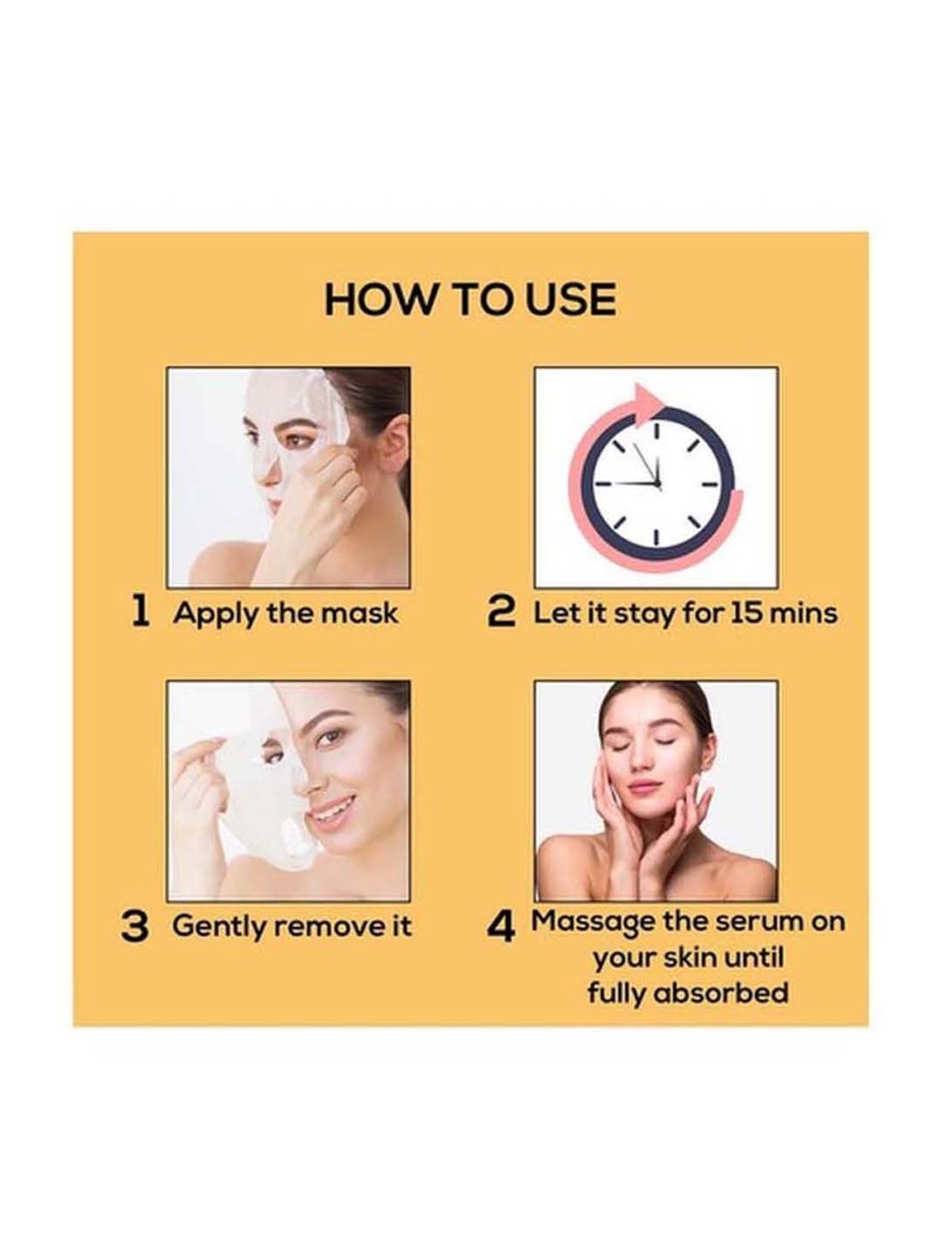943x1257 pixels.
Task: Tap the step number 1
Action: pyautogui.click(x=141, y=613)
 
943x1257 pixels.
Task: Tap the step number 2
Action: pyautogui.click(x=502, y=613)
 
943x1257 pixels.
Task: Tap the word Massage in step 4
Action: pyautogui.click(x=594, y=922)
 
